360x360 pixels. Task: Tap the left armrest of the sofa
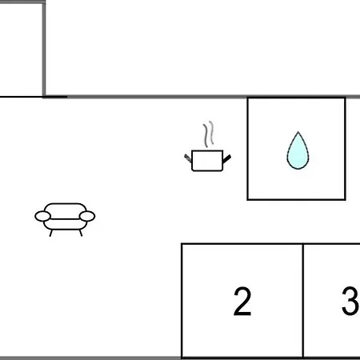[42, 216]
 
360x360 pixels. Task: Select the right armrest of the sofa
[87, 216]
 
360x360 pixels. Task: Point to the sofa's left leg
[50, 233]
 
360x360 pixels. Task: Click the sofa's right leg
[81, 233]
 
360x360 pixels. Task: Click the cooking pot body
[207, 161]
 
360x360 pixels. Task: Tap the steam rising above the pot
[209, 134]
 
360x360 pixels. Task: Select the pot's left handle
[188, 158]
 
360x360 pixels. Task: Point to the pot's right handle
[226, 159]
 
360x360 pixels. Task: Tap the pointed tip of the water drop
[298, 131]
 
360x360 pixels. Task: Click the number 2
[242, 302]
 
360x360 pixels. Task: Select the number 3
[350, 301]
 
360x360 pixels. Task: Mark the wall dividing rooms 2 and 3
[303, 301]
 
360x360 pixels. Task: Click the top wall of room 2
[242, 244]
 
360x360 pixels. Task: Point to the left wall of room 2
[182, 301]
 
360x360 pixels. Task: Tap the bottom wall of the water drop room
[296, 199]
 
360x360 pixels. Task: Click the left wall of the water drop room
[248, 149]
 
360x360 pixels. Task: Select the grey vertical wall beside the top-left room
[44, 50]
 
